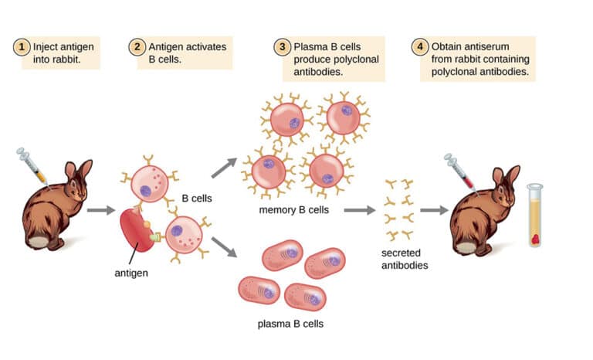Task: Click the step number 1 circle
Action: click(x=23, y=47)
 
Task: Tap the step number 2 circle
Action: click(x=136, y=47)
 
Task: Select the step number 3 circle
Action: click(x=283, y=47)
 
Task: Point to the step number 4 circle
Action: click(x=420, y=47)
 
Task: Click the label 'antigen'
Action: click(x=130, y=272)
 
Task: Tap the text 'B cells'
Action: click(x=196, y=199)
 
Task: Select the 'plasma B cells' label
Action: click(x=290, y=323)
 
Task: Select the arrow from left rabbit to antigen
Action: click(x=100, y=209)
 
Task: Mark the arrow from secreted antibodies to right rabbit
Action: click(x=434, y=209)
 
